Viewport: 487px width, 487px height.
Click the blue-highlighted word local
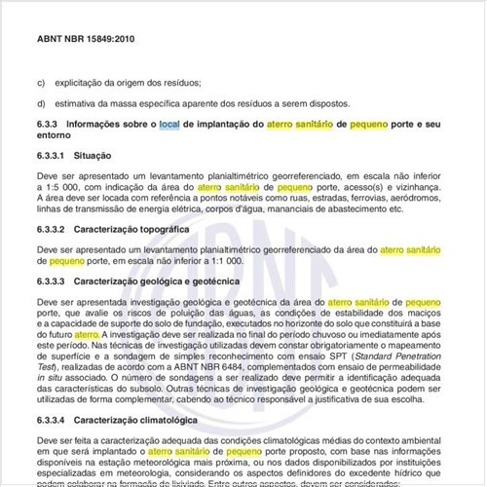(x=169, y=125)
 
